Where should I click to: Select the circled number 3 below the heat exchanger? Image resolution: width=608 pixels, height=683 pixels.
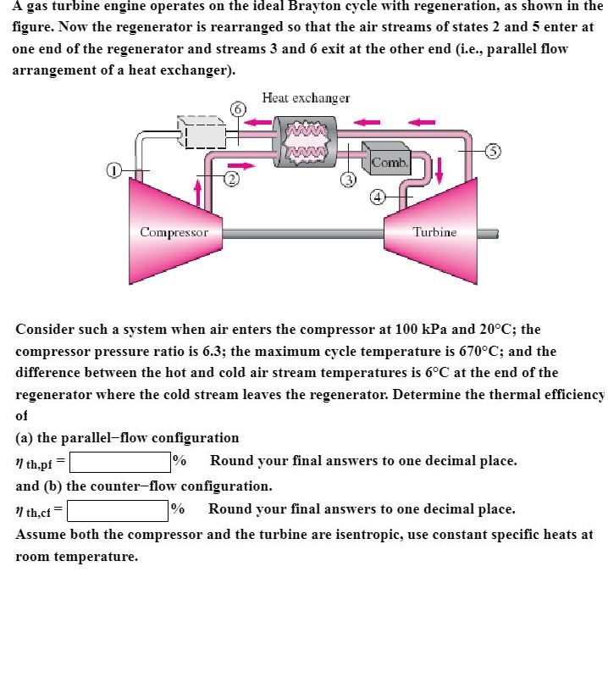point(346,179)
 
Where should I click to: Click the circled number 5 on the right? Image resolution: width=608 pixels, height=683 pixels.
point(494,151)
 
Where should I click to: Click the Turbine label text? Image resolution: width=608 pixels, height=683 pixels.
point(434,231)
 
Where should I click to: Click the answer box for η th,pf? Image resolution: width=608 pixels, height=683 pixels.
point(119,462)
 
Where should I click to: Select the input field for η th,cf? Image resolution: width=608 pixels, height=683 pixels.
point(117,511)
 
